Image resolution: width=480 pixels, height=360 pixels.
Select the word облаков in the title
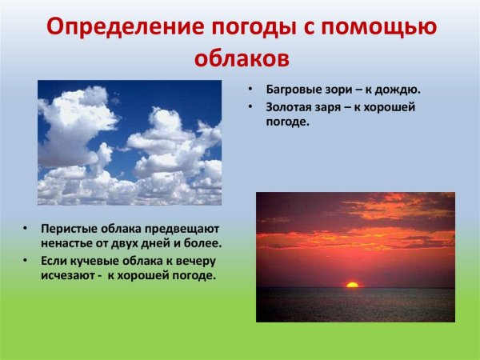(240, 58)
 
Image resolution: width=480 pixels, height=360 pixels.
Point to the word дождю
(399, 89)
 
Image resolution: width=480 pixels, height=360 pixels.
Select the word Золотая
(290, 107)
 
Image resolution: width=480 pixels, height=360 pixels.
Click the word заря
(338, 107)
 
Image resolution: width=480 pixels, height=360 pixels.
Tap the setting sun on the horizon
(351, 284)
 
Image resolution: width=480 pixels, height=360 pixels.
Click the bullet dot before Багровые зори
(250, 89)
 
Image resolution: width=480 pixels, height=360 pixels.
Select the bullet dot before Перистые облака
(26, 228)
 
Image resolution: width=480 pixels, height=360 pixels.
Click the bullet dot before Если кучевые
(26, 262)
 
